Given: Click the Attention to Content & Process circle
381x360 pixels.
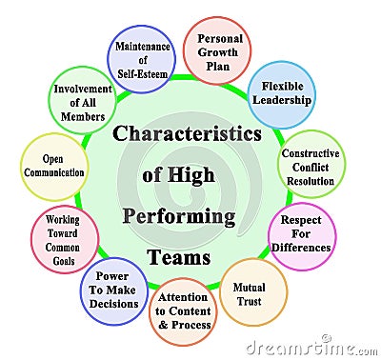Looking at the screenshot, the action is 183,310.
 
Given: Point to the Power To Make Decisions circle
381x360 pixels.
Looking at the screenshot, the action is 112,290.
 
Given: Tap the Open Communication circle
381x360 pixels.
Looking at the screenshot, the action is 51,167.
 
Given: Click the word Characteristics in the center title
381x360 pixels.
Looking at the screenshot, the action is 187,133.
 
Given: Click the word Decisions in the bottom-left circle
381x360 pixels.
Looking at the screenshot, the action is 112,305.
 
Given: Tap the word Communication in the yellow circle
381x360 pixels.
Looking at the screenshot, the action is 51,173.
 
